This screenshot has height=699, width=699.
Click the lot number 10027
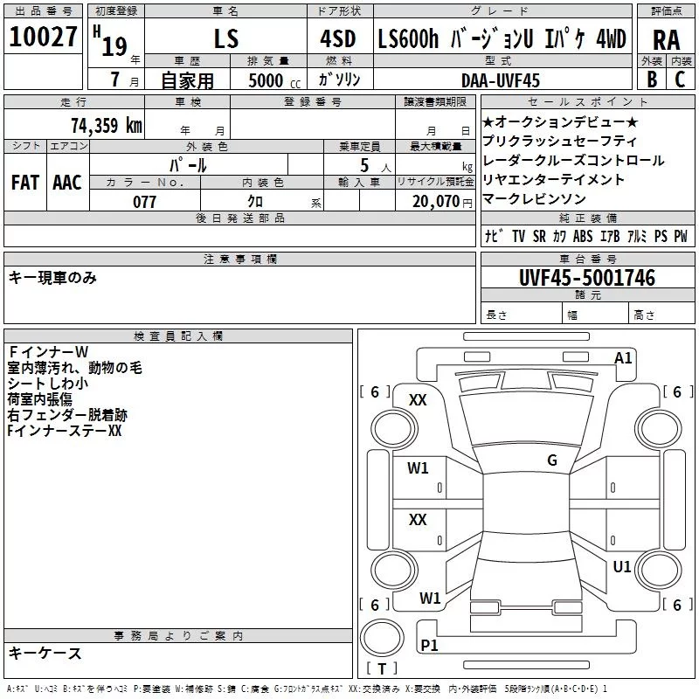[x=43, y=36]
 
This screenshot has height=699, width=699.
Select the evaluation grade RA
[x=667, y=40]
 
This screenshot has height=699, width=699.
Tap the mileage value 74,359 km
[x=107, y=125]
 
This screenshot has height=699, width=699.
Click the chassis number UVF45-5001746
[x=587, y=278]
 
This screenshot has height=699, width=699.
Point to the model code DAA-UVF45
[x=501, y=80]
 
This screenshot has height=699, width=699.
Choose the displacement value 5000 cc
[x=274, y=80]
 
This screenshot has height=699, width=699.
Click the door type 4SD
[x=338, y=38]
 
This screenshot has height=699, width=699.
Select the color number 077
[x=144, y=202]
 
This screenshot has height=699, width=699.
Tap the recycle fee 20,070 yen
[x=442, y=202]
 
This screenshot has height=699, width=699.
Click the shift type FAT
[x=25, y=183]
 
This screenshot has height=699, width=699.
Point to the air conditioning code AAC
[x=67, y=183]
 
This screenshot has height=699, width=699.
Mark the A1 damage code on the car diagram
[x=623, y=358]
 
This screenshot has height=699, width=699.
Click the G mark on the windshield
[x=552, y=460]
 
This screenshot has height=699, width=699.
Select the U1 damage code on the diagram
[x=622, y=566]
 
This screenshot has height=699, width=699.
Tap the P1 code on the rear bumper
[x=429, y=645]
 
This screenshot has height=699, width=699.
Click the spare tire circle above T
[x=382, y=638]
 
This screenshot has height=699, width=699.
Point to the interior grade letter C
[x=680, y=80]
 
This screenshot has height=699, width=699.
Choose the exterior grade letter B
[x=652, y=80]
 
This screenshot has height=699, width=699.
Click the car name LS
[x=226, y=38]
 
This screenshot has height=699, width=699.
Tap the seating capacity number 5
[x=364, y=165]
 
